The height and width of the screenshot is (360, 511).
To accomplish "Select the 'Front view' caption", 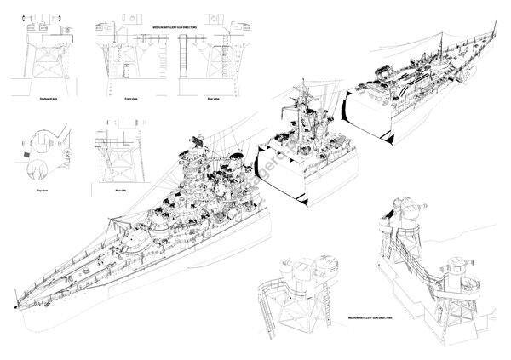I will pos(131,100).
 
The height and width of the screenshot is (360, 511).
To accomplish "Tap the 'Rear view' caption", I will pos(195,100).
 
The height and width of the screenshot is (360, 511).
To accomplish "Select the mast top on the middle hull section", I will pos(304,85).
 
